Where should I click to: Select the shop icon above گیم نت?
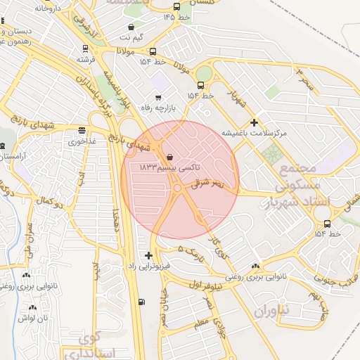pyautogui.click(x=131, y=27)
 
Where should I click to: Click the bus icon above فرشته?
pyautogui.click(x=86, y=49)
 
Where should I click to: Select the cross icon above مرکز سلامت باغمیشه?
pyautogui.click(x=254, y=122)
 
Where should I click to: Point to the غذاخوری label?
pyautogui.click(x=82, y=141)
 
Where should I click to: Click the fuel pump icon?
pyautogui.click(x=143, y=302)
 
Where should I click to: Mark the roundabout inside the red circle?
pyautogui.click(x=177, y=188)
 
